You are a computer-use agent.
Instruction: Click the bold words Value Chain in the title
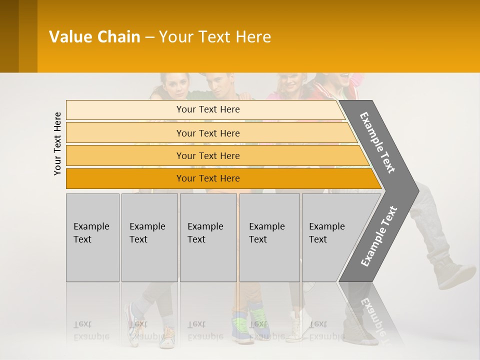(94, 37)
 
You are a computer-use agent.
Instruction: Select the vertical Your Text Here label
(57, 143)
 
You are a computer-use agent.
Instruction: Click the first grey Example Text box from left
(92, 237)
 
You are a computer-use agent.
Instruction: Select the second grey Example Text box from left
(149, 237)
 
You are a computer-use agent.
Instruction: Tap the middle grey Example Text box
(208, 237)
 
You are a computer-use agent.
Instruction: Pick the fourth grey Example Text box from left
(269, 237)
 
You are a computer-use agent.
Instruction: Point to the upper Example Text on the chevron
(377, 142)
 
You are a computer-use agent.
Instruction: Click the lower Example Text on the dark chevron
(378, 236)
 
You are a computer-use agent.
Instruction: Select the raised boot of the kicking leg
(452, 275)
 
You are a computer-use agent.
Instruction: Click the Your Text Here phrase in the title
(215, 37)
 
